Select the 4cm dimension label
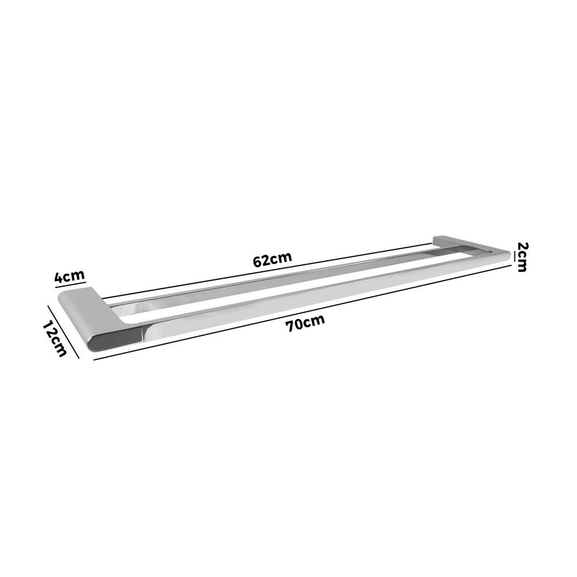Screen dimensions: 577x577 click(70, 276)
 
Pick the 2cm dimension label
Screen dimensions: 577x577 click(522, 257)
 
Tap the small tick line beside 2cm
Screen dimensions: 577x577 click(512, 259)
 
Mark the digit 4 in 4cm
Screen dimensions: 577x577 click(59, 278)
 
